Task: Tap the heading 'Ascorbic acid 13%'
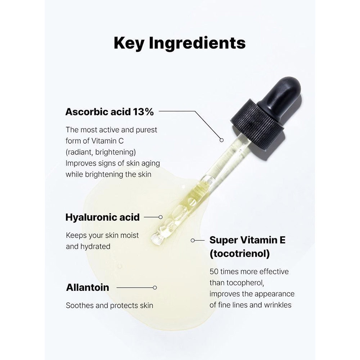tap(109, 112)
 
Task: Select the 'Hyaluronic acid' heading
tap(102, 217)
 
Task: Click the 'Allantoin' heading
tap(87, 287)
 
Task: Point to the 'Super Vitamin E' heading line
tap(247, 240)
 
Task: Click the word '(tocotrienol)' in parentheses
tap(239, 254)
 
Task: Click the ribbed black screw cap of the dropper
tap(258, 126)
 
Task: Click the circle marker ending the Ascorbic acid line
tap(221, 140)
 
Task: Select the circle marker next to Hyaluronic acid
tap(161, 217)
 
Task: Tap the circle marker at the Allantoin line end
tap(155, 287)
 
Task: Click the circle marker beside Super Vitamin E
tap(193, 240)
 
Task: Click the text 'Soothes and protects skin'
tap(109, 305)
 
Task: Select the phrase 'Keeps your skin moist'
tap(102, 235)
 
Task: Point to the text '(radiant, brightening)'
tap(100, 152)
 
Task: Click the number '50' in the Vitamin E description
tap(214, 271)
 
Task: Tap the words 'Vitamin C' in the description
tap(107, 141)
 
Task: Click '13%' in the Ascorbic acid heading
tap(143, 112)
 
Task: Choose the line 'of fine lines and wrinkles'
tap(250, 305)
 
